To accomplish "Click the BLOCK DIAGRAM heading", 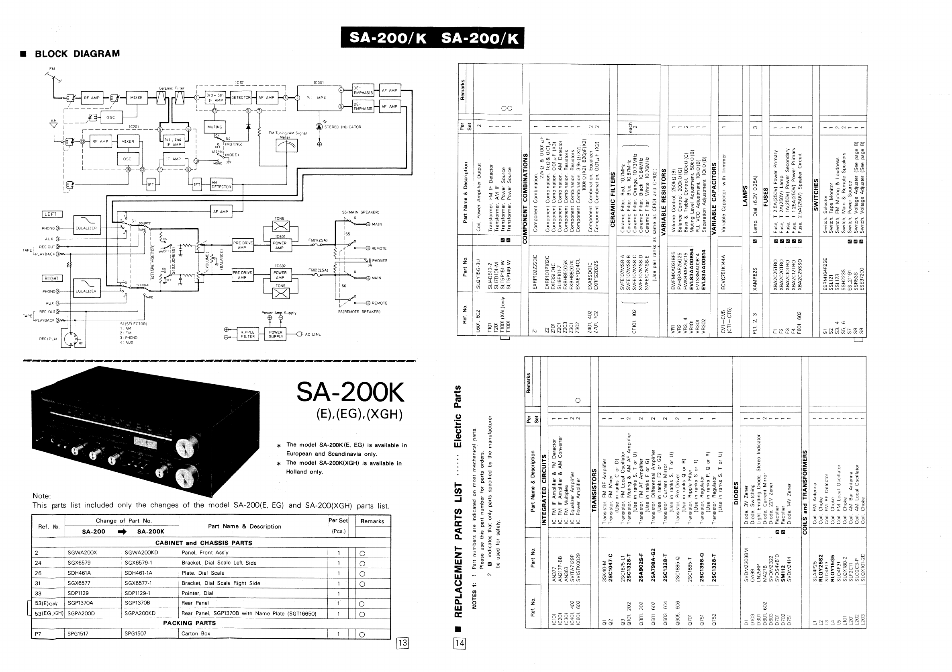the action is (77, 53).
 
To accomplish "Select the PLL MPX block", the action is (317, 98).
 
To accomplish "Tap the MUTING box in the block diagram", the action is (215, 127).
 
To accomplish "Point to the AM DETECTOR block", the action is (221, 184).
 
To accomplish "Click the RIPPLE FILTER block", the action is (247, 334).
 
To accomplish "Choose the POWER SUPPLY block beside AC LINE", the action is (275, 334).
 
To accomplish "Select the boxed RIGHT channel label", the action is (51, 279).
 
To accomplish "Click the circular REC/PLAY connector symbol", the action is (70, 339).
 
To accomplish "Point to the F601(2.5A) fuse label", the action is (318, 240).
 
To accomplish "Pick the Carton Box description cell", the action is (196, 633).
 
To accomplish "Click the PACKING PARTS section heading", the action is (190, 623).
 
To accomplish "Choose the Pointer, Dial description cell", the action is (197, 593).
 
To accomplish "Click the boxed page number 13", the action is (402, 643).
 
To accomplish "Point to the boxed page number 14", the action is (460, 643).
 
